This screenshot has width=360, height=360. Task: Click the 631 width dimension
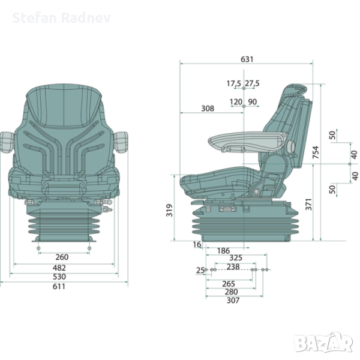point(247,59)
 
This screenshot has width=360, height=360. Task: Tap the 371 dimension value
point(308,205)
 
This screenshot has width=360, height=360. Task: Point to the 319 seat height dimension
point(169,209)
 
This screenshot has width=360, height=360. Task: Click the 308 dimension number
point(207,109)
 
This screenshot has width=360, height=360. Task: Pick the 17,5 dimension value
point(234,83)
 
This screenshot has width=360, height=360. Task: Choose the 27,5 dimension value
point(252,83)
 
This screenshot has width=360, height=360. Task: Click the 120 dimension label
point(235,101)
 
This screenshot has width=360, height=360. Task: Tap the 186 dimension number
point(223,250)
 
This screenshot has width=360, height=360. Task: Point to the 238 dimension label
point(233,267)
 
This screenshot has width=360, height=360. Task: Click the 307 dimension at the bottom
point(233,300)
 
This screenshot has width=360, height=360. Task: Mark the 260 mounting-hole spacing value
point(62,257)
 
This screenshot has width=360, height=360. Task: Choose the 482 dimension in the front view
point(59,268)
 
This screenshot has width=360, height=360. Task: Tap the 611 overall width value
point(59,286)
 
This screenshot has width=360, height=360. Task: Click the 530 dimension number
point(59,277)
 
